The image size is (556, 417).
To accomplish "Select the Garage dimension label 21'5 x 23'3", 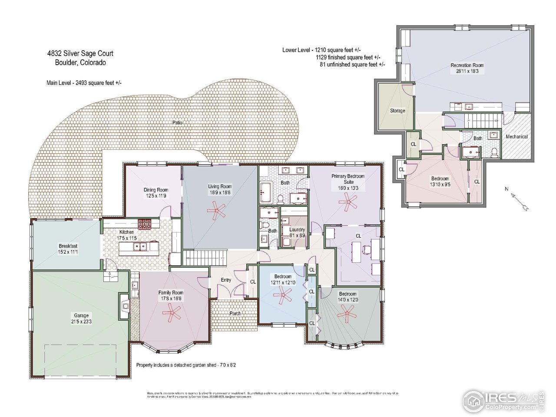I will [81, 321].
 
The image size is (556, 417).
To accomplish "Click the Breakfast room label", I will [68, 246].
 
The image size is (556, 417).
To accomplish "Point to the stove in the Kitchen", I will [144, 224].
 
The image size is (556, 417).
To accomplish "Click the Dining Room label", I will [156, 190].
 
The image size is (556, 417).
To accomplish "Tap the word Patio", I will [177, 123].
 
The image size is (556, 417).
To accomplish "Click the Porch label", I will [235, 313].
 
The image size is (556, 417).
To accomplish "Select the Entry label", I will [226, 280].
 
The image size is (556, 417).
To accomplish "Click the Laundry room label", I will [297, 230].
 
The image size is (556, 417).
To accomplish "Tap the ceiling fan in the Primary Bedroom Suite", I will [348, 202].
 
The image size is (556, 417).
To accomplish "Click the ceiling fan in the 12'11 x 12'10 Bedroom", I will [282, 297].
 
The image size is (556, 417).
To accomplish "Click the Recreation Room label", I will [467, 65].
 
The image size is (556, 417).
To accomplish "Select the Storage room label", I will [397, 111].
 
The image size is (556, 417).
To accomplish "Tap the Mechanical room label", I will [516, 136].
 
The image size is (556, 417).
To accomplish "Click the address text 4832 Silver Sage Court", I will [80, 53].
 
